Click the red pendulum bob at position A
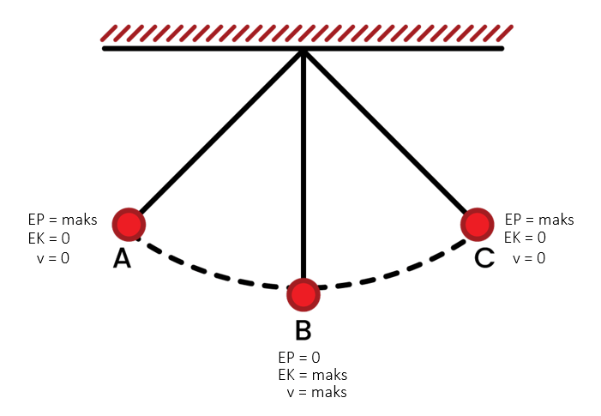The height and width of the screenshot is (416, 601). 129,225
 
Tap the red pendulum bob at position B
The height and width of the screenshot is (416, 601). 304,295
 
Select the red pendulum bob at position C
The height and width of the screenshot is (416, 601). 478,225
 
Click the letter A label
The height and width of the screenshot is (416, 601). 123,258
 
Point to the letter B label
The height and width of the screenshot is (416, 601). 304,330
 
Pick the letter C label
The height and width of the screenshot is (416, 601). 484,258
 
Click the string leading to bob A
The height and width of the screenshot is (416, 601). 221,132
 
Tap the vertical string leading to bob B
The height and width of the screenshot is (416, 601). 304,165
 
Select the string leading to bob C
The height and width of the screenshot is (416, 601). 386,132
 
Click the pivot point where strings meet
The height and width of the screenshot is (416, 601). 304,51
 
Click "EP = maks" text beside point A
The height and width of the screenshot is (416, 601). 63,220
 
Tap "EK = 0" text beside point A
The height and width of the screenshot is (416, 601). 49,238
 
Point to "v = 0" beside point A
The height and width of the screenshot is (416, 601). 53,258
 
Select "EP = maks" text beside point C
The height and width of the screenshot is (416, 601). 539,220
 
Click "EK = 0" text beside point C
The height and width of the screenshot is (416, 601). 525,238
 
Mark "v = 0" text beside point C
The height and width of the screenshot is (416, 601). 529,258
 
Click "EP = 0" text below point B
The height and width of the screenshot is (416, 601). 299,358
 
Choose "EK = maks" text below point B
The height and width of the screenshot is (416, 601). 313,375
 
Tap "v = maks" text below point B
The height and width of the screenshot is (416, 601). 316,392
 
